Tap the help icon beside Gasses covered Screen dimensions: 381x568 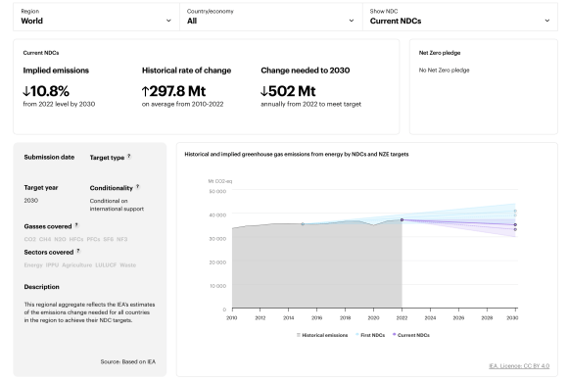[x=75, y=222]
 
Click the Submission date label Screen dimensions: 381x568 [x=49, y=157]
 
